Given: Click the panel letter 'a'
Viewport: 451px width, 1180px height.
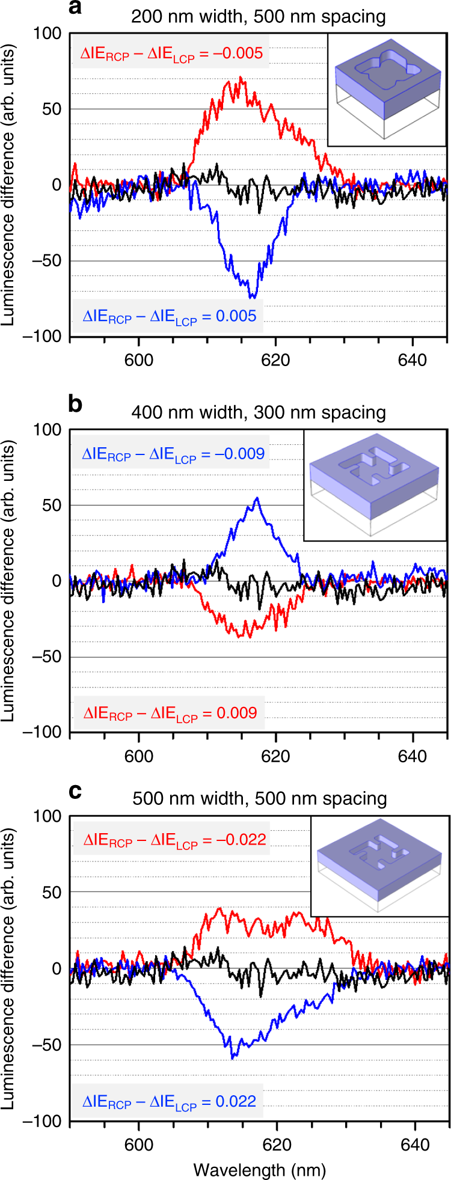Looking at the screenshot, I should [x=75, y=8].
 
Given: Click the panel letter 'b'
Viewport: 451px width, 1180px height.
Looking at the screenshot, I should [x=75, y=405].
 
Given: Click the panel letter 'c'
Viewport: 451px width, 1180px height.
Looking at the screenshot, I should [x=75, y=791].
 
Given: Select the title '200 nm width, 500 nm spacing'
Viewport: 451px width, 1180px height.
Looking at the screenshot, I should [x=259, y=16].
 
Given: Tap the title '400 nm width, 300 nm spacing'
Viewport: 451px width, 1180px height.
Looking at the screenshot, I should [x=259, y=412].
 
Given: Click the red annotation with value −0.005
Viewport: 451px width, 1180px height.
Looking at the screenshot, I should [x=171, y=54].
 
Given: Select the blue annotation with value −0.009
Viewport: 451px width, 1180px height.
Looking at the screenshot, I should [x=173, y=454].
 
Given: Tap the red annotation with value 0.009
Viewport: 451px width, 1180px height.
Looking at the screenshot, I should [x=170, y=714].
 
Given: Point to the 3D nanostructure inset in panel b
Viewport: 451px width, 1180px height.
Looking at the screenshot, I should [x=375, y=485].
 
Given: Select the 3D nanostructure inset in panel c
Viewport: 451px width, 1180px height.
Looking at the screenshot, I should [x=379, y=866].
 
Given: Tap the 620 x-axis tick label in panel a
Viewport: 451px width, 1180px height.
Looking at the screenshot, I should [x=275, y=360].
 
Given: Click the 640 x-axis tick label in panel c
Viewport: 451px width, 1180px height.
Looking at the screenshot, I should [x=413, y=1144].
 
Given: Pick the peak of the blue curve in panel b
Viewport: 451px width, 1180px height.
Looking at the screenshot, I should [x=257, y=498].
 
